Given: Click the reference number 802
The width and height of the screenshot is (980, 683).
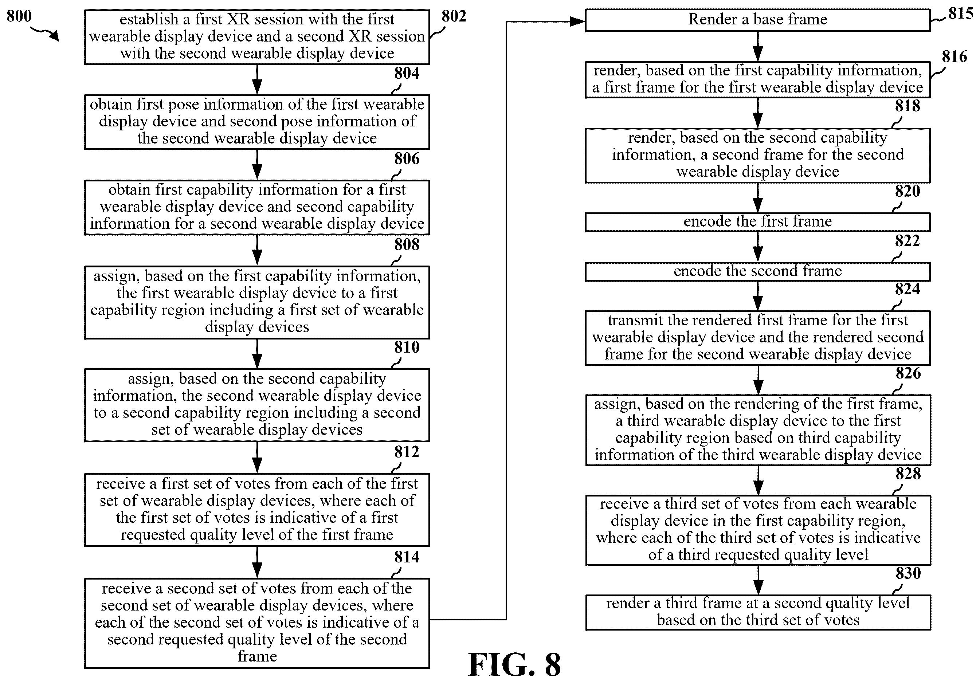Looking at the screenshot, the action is [454, 16].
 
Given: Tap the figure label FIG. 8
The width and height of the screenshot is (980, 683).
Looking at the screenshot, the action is [514, 665].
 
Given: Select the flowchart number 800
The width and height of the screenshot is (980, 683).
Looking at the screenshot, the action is [19, 16].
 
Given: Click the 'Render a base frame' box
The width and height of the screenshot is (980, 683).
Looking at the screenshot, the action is [758, 20].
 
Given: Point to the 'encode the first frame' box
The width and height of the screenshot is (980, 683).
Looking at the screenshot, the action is [758, 222].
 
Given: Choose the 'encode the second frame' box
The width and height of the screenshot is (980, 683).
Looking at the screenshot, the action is [758, 271].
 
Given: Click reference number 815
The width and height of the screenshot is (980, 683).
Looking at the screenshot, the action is [961, 14].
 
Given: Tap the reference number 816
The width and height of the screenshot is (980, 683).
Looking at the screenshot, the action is [954, 56].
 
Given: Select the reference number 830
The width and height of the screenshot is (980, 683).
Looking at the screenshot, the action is [908, 573].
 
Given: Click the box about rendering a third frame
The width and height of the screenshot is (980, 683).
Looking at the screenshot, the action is [758, 612].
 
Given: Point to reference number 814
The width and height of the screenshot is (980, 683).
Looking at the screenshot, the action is [407, 557].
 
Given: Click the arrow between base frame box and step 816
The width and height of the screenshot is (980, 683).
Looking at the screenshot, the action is [758, 47].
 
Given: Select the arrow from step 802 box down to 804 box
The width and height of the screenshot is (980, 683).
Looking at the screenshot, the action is [257, 79].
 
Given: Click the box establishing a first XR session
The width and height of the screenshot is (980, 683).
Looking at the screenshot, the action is [257, 37].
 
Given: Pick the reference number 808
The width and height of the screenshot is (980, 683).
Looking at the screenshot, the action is [407, 244].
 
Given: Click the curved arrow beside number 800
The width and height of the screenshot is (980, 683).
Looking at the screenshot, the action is [45, 32].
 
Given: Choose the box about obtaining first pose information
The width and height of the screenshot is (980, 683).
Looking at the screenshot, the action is [257, 122].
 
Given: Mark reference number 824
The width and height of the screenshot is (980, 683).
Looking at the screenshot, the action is [908, 289].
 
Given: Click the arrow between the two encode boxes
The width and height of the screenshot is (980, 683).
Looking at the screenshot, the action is [758, 247].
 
